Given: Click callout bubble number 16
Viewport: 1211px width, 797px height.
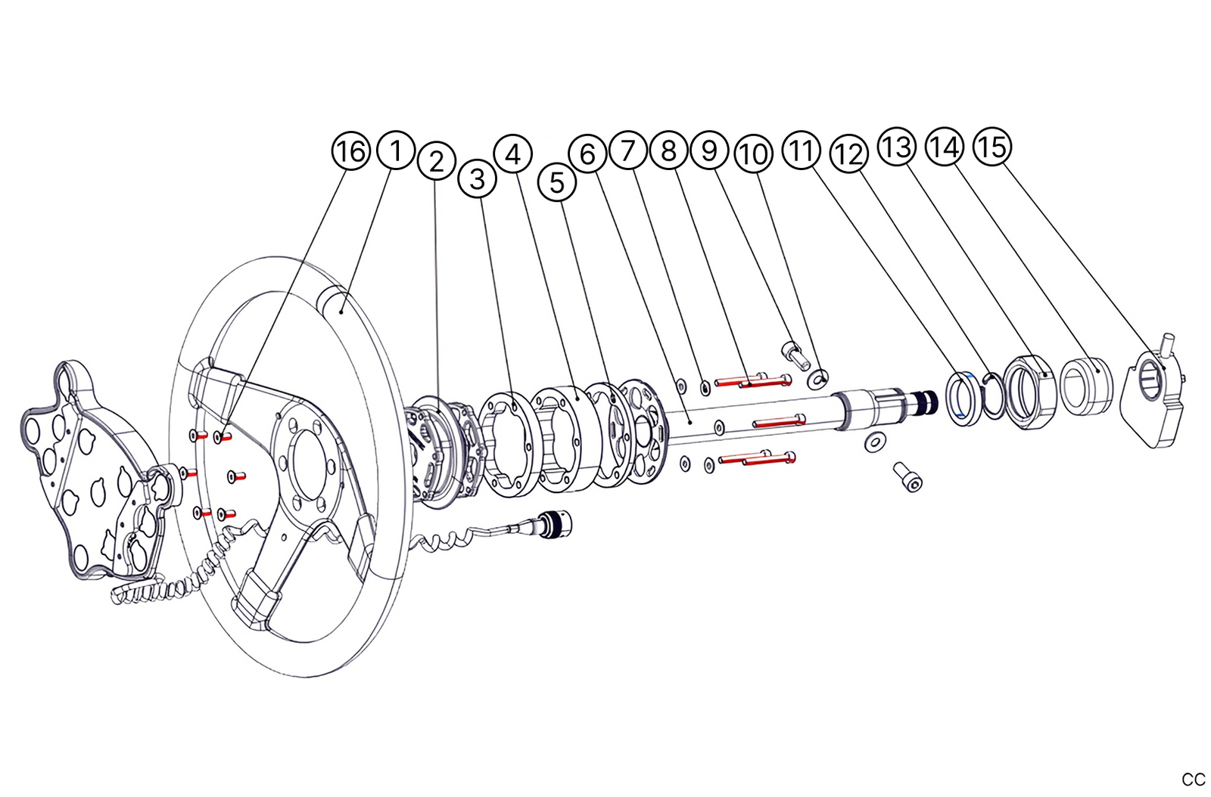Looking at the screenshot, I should pos(350,151).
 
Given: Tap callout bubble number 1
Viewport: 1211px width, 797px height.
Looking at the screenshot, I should pos(396,150).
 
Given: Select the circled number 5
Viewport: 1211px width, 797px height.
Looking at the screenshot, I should pos(556,182).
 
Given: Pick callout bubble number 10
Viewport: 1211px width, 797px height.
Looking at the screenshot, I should pos(752,154).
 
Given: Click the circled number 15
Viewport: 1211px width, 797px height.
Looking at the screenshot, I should pos(992,145).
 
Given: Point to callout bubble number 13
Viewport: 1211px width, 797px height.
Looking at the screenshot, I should pos(897,145).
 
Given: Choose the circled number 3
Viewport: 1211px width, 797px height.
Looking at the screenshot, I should pos(477,179).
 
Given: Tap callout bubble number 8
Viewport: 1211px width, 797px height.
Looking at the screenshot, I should pos(668,150).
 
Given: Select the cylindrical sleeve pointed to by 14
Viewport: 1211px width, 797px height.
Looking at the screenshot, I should pos(1088,386).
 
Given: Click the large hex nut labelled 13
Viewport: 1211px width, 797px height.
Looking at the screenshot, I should pos(1029,392).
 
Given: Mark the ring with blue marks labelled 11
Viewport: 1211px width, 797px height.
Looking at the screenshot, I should pos(963,398).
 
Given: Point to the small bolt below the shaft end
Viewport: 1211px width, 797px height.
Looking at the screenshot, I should pos(908,477).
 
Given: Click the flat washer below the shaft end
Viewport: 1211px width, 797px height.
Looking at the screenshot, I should pos(876,442).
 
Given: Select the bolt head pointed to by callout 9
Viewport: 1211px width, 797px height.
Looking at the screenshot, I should pos(790,351).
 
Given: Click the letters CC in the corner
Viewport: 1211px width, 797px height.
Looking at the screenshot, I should pos(1193,780).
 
